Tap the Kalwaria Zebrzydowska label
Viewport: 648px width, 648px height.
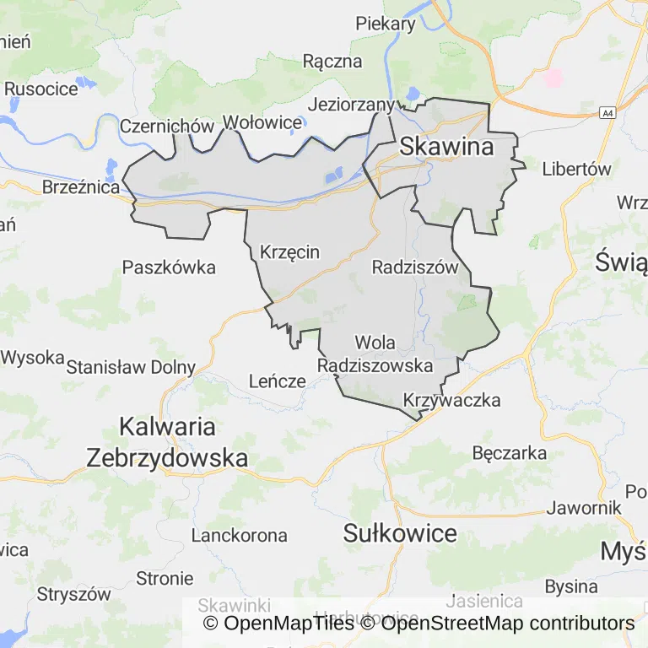167,442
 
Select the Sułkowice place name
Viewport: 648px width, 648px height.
401,533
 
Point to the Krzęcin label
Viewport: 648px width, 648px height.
290,252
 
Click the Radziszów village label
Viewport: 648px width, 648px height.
414,267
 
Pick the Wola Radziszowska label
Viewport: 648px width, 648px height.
375,354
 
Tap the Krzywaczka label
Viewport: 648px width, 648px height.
452,400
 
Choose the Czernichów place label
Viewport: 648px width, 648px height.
167,126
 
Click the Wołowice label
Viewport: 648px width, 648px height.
262,123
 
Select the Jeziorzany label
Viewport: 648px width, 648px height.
352,105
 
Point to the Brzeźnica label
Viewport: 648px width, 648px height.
81,187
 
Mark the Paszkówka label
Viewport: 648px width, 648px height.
169,267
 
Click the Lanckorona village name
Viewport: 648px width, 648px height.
239,535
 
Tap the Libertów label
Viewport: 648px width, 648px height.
576,169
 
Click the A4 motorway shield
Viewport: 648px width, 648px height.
607,112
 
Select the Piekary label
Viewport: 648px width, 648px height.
386,24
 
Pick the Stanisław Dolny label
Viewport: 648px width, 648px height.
131,367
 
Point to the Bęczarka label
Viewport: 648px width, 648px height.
510,453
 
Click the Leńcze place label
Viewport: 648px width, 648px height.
277,381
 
